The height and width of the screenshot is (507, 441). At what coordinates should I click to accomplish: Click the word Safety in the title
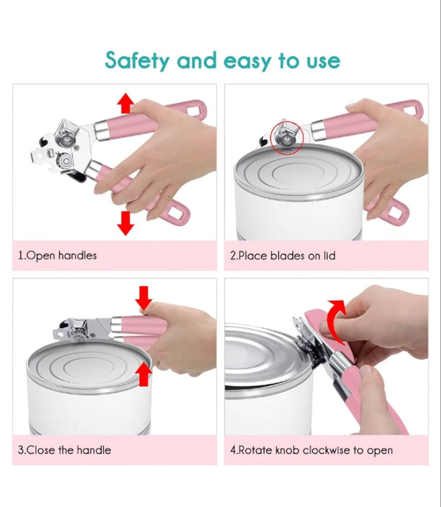point(137,60)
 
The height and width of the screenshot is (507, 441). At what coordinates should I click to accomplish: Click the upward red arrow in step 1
point(126,103)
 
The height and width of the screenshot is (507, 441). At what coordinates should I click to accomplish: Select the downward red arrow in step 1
point(126,223)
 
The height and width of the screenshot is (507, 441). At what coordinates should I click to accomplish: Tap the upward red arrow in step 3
point(144,374)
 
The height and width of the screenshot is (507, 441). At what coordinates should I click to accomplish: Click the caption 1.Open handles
point(58,256)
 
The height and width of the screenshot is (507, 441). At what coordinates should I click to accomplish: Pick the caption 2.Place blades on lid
point(283,256)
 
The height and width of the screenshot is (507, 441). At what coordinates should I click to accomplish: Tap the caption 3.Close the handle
point(64,449)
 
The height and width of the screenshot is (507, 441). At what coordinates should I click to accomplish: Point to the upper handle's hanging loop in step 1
point(195,108)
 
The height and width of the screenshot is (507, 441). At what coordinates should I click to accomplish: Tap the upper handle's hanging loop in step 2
point(412,108)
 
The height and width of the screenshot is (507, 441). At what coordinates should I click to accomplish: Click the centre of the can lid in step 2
point(298,173)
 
